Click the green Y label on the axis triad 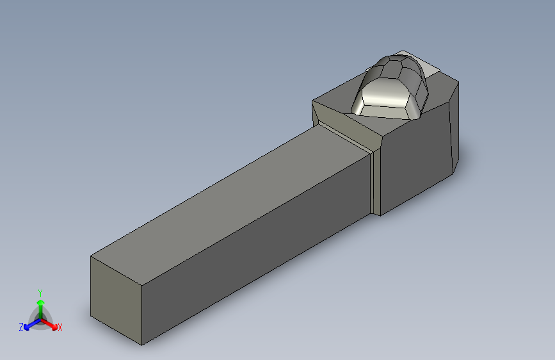click(x=40, y=293)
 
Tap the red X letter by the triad click(x=60, y=327)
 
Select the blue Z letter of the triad click(x=21, y=327)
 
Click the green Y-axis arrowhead click(x=41, y=302)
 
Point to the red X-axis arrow click(x=49, y=324)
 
